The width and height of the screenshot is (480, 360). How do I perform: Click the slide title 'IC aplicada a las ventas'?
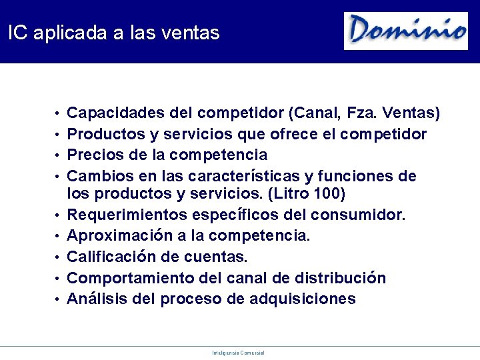coord(114,33)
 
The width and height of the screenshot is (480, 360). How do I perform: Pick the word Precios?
coord(93,155)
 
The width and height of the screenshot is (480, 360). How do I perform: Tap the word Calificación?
coord(109,257)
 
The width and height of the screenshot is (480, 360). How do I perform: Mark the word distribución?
coord(343,277)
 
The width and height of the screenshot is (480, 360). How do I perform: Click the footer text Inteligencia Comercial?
coord(239,353)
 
